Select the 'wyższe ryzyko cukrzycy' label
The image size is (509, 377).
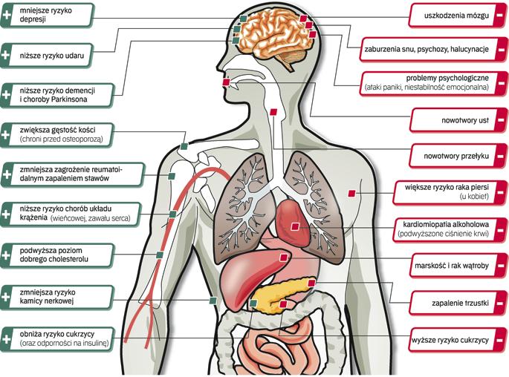point(450,339)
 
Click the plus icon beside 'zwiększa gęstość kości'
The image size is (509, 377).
point(7,134)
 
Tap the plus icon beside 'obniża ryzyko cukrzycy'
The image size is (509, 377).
point(7,336)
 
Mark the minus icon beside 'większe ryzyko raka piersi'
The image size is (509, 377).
point(502,191)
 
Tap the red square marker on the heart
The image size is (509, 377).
point(295,226)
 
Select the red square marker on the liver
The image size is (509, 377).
point(282,257)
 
